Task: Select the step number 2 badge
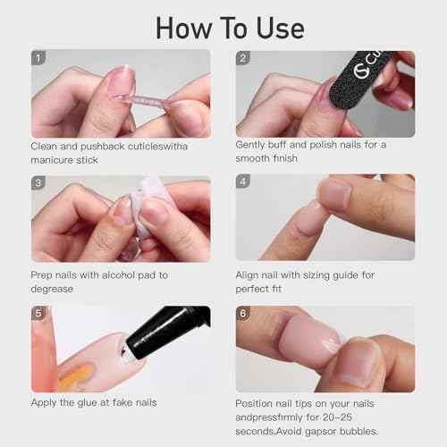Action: [244, 58]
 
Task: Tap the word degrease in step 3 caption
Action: [55, 291]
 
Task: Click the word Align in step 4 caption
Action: [250, 275]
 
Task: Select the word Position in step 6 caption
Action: [257, 403]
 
